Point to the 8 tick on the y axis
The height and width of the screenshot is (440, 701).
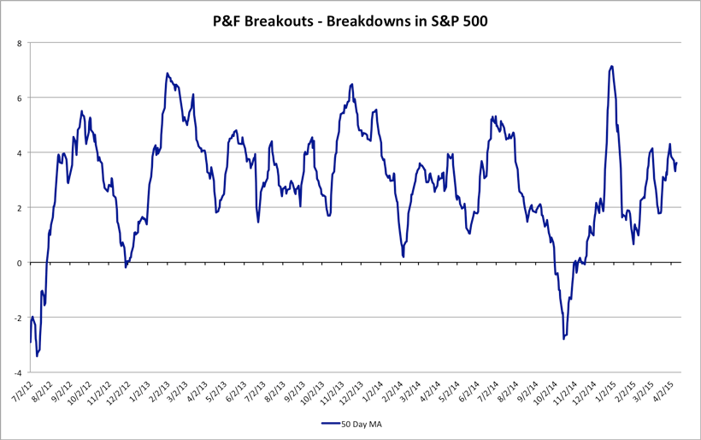(20, 42)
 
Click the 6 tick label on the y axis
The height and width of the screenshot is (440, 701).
(20, 98)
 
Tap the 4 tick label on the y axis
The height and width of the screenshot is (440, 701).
(20, 152)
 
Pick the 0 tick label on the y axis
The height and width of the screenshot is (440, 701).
(20, 263)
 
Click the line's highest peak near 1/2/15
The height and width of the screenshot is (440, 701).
(611, 67)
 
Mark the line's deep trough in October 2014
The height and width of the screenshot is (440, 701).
(563, 339)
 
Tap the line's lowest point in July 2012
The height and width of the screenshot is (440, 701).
(37, 355)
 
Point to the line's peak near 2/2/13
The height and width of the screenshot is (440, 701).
(167, 74)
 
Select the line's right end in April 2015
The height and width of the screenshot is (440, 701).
(677, 163)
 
